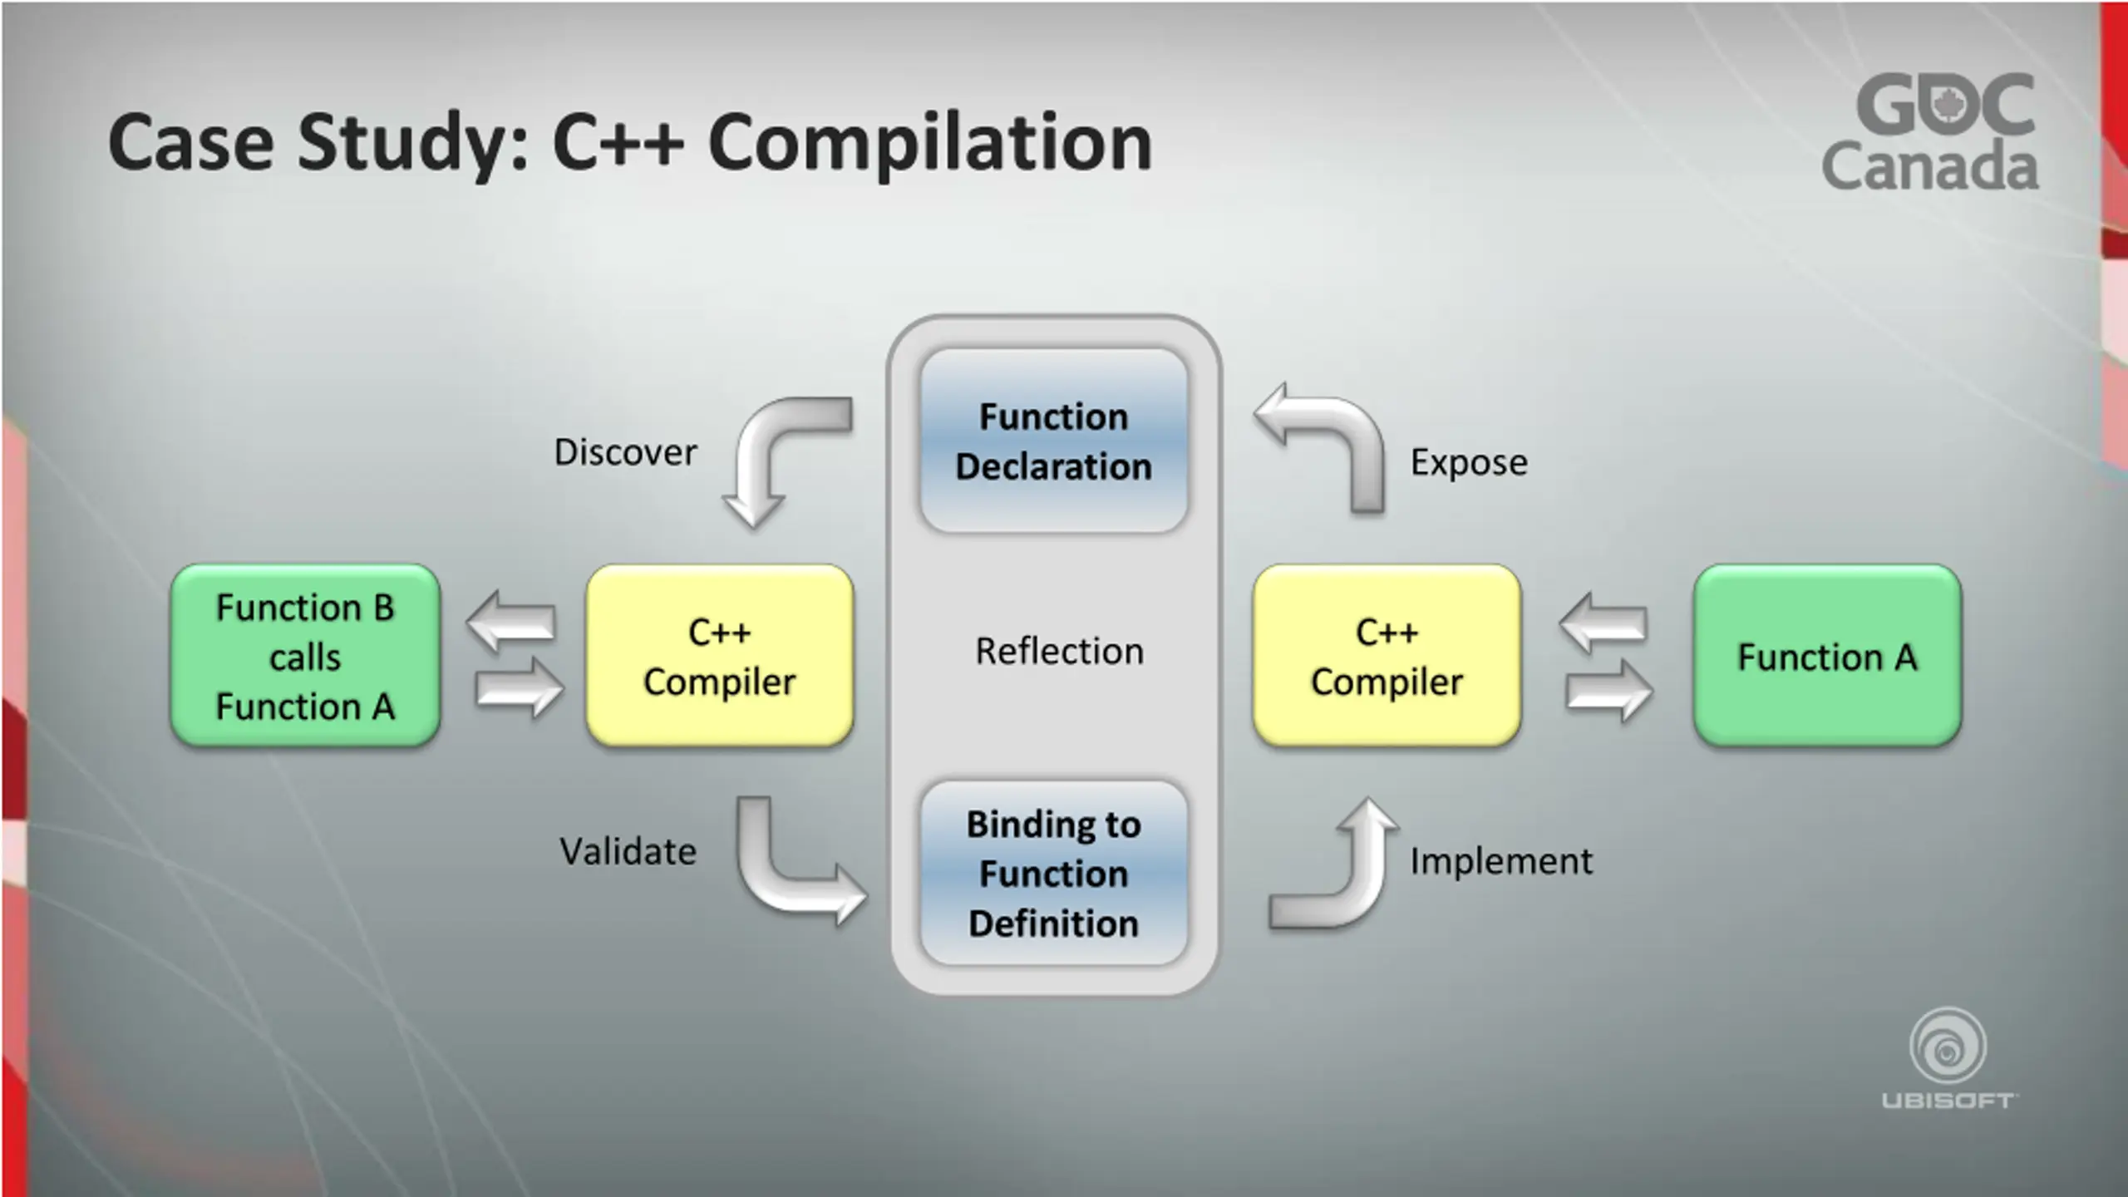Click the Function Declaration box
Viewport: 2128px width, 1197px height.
tap(1053, 441)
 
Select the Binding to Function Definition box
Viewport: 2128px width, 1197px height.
tap(1053, 873)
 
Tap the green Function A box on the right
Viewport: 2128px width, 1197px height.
tap(1827, 656)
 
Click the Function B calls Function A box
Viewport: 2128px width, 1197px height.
tap(305, 656)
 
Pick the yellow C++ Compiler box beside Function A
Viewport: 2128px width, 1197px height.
tap(1387, 656)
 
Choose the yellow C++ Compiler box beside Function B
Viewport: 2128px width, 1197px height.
tap(720, 656)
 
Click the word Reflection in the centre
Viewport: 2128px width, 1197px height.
tap(1059, 651)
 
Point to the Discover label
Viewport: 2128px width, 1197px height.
tap(625, 452)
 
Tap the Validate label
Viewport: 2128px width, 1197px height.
tap(628, 851)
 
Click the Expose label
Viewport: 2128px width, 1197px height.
tap(1469, 462)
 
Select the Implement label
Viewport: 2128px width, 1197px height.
tap(1501, 860)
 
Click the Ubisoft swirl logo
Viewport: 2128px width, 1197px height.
tap(1948, 1047)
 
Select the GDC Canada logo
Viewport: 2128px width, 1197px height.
tap(1930, 133)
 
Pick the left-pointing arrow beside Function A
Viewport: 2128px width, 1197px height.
tap(1603, 623)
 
